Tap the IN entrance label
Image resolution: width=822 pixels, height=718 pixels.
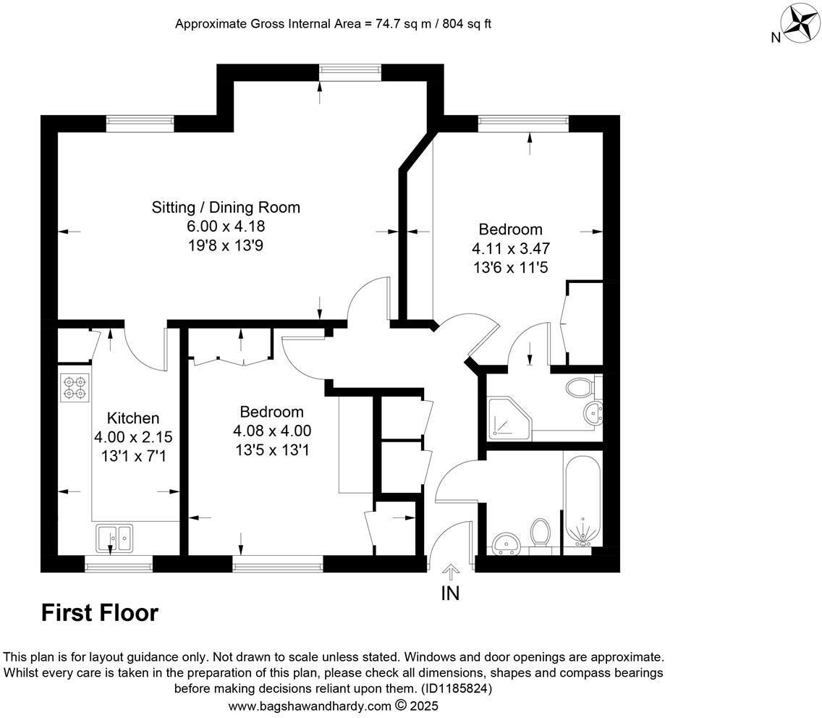pos(450,594)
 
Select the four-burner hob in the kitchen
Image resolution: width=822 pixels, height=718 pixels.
pos(75,388)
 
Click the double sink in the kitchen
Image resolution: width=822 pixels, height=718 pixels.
pos(114,538)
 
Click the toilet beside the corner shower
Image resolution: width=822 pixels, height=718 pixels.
pos(579,387)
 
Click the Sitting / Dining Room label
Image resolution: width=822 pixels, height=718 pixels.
pos(226,208)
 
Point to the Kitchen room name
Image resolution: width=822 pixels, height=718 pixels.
pos(133,418)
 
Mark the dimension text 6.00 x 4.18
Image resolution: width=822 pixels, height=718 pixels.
pos(225,227)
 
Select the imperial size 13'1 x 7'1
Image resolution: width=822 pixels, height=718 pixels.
pos(133,456)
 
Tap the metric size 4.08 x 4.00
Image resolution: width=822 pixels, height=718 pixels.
pos(271,431)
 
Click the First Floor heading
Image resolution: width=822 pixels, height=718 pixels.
pos(99,613)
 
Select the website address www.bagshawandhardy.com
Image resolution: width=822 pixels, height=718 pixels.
pos(310,705)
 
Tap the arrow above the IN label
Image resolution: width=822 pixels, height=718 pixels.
pos(450,573)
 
